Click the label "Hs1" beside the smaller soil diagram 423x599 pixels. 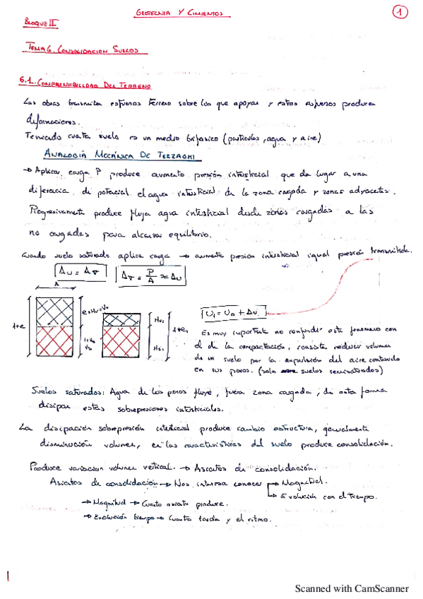point(159,347)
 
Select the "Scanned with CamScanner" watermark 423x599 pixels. point(351,588)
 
